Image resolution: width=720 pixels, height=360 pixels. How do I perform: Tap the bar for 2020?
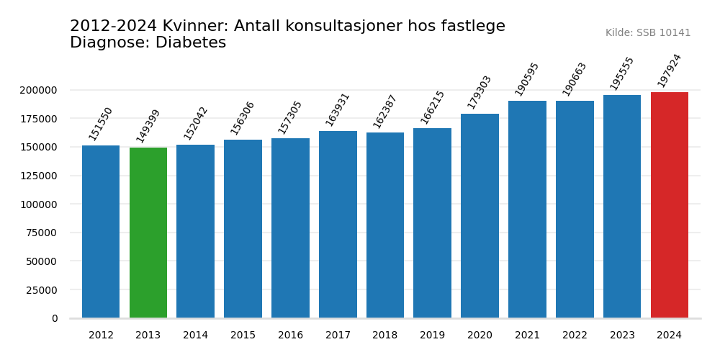click(480, 216)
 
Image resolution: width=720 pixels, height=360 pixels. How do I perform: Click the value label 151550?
click(101, 124)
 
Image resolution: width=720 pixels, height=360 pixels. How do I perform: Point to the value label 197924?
click(670, 70)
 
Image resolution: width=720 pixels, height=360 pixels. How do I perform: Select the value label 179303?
click(480, 92)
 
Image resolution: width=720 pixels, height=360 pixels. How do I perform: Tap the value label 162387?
click(385, 112)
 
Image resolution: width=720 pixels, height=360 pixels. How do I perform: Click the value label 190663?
click(575, 78)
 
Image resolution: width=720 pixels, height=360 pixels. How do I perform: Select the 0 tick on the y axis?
click(55, 318)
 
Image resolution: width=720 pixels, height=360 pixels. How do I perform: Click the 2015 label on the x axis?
click(243, 336)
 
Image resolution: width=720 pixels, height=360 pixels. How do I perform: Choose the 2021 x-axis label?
click(527, 336)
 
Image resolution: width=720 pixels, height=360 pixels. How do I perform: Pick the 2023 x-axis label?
click(622, 336)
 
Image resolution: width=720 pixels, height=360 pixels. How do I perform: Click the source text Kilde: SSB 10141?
click(648, 33)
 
